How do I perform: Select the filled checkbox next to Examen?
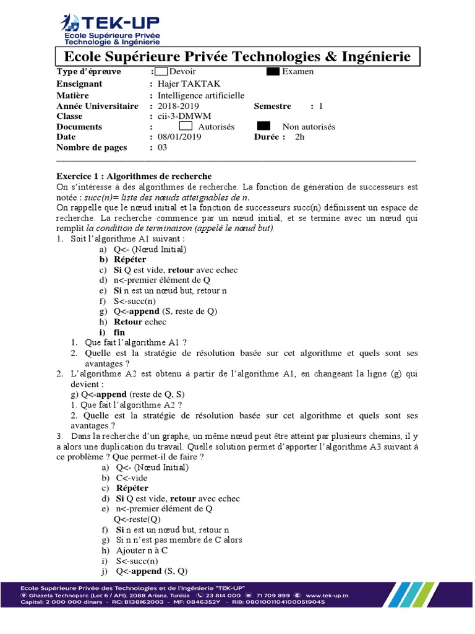(273, 71)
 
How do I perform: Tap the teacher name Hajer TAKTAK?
(189, 84)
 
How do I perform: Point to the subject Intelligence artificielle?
(201, 95)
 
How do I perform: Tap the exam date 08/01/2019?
(180, 137)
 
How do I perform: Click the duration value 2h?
(300, 137)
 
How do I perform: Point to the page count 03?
(163, 147)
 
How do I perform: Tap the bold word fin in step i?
(119, 332)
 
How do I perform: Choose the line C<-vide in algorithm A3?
(132, 478)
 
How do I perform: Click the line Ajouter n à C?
(142, 550)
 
